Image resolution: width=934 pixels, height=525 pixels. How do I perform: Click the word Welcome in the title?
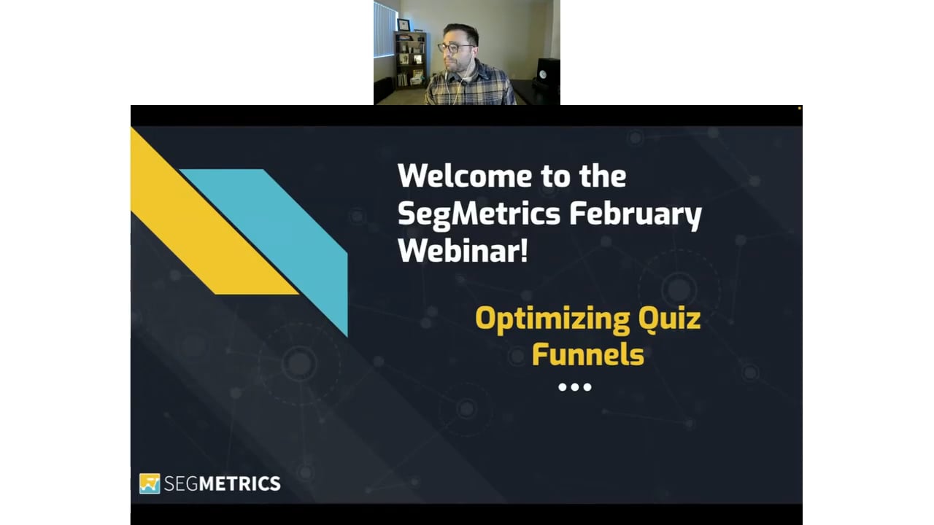465,176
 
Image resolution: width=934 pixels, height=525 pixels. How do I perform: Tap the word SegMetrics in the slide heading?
479,214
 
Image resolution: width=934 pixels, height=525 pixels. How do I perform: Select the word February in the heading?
636,215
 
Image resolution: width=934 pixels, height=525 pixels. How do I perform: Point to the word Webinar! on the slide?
463,251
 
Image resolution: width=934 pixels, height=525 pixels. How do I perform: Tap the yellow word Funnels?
588,354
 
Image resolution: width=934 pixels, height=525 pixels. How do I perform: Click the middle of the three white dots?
574,387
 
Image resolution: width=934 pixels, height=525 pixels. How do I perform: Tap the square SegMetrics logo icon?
150,483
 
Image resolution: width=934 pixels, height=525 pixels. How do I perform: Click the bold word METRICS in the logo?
239,483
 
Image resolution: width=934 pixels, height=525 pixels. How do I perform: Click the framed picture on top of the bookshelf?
403,25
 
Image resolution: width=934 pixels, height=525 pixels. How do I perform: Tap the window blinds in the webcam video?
385,29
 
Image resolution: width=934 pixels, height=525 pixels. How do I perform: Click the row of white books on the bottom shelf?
402,79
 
